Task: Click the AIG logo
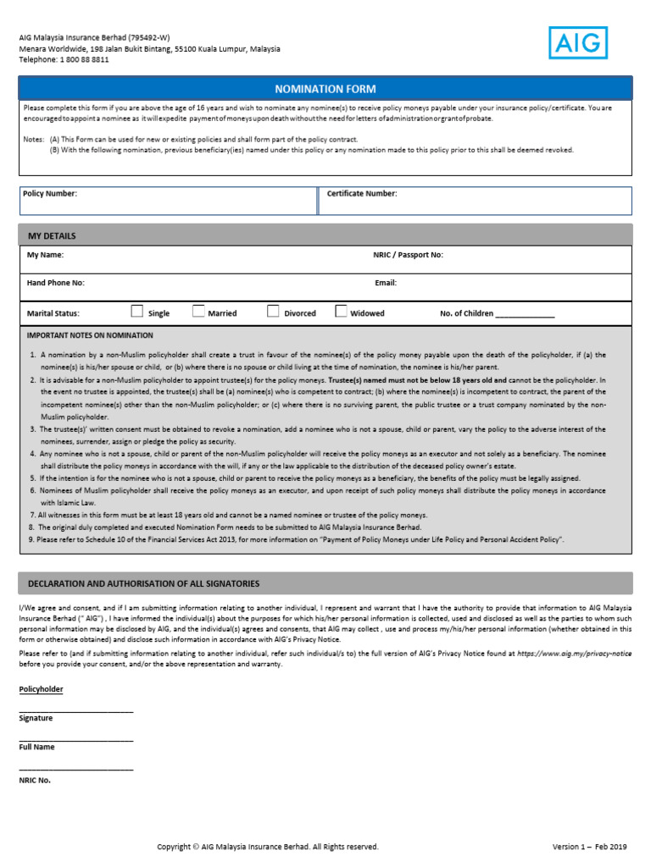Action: [578, 43]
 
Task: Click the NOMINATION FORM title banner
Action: [325, 89]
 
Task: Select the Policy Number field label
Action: [49, 194]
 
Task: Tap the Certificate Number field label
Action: [362, 194]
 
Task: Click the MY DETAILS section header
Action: [52, 235]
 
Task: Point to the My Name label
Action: [45, 255]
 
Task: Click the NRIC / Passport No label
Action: [408, 255]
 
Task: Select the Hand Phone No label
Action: [56, 283]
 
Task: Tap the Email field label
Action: [386, 283]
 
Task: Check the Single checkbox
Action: [137, 312]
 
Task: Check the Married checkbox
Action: [198, 312]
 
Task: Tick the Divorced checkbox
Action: [273, 312]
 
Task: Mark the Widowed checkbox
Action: [341, 312]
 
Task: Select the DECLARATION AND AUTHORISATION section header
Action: [144, 584]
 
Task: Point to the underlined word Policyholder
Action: [41, 689]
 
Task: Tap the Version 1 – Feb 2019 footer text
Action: [589, 847]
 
